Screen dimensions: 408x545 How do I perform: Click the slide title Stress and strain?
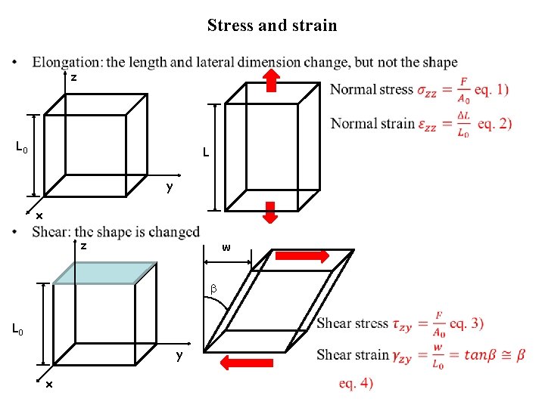(x=272, y=26)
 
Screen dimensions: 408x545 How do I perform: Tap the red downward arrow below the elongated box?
(x=272, y=214)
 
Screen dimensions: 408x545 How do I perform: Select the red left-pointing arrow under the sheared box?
(x=249, y=363)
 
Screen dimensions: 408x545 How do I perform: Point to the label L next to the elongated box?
(x=205, y=154)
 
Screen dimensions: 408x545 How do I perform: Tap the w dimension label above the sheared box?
(x=226, y=248)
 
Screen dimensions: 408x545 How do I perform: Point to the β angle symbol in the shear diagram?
(x=213, y=288)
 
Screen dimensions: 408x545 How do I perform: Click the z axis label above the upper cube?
(x=73, y=77)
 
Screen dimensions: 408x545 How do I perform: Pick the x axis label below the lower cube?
(x=48, y=385)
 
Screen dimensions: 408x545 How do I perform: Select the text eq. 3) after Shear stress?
(x=466, y=323)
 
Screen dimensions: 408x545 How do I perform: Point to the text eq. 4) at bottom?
(x=356, y=384)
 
